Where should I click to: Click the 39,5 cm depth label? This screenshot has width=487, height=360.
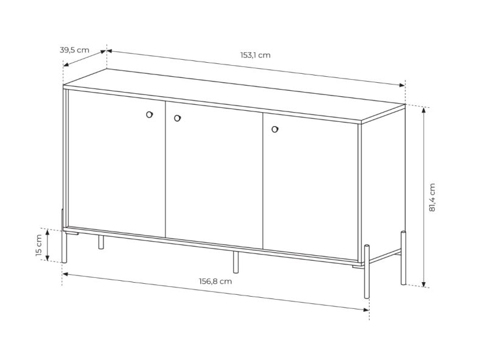click(74, 50)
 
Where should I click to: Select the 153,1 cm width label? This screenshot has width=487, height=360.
click(255, 55)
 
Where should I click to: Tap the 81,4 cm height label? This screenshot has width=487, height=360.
click(432, 197)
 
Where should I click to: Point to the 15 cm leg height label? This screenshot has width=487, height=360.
click(39, 245)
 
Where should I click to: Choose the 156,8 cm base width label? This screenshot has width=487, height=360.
click(215, 281)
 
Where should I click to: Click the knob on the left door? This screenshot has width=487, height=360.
click(149, 115)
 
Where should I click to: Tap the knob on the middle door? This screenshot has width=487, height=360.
click(177, 118)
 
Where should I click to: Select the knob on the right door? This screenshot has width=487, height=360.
click(275, 129)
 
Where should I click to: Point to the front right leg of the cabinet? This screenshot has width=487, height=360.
click(367, 272)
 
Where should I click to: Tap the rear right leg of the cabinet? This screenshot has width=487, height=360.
click(403, 258)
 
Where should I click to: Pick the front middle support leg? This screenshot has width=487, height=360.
click(236, 262)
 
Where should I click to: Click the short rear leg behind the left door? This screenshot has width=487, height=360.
click(101, 242)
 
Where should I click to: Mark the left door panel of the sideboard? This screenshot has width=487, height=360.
click(116, 164)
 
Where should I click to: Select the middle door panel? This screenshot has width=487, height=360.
click(214, 175)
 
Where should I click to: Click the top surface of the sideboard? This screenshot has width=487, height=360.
click(234, 96)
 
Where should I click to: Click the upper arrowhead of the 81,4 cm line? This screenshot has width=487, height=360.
click(424, 110)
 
